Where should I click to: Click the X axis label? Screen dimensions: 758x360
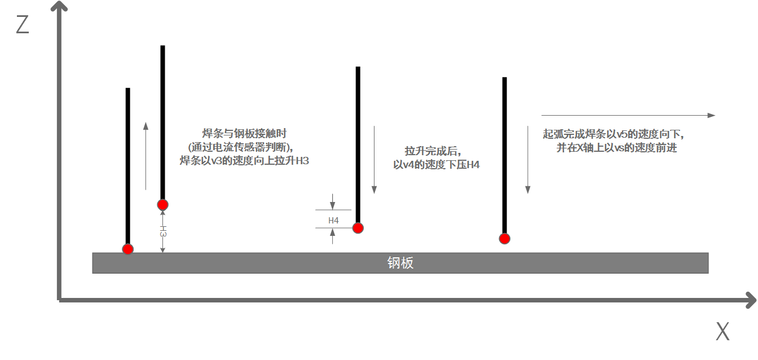722,332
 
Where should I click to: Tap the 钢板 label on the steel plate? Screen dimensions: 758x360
400,263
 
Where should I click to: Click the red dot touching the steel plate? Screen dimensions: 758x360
128,249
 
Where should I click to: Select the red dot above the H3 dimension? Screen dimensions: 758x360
163,204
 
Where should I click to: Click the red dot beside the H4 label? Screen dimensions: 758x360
358,228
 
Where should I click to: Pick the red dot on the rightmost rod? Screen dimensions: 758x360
505,238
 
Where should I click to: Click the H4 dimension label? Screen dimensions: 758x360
333,221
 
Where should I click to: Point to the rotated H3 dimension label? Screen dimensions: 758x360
163,232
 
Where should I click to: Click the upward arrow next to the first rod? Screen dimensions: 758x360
146,155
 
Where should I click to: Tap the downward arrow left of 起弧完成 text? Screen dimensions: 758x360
528,160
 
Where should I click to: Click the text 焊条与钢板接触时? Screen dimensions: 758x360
244,134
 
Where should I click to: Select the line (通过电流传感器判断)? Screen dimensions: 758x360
244,147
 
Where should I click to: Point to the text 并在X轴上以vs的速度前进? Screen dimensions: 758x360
616,148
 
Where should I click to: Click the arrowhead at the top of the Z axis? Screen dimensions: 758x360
59,7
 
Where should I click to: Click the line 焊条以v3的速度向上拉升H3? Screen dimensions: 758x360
244,161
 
